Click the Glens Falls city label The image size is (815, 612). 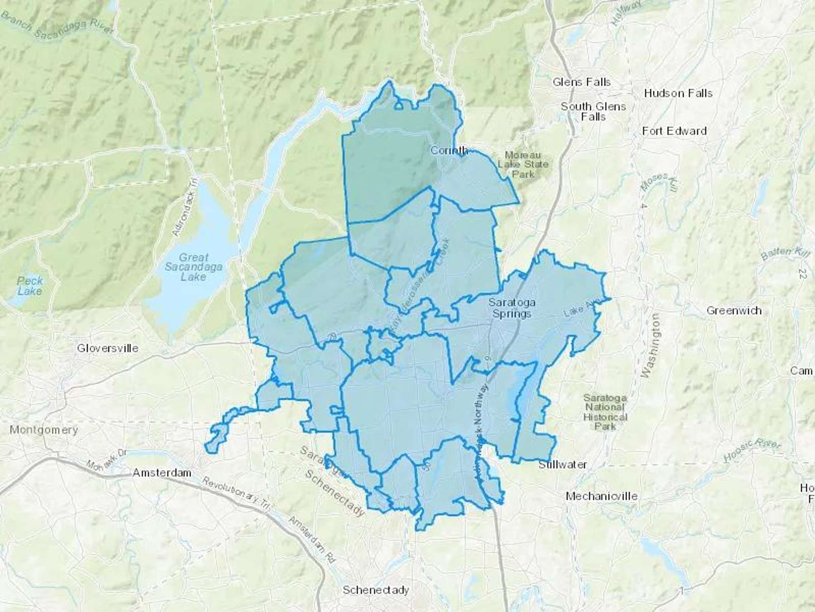581,83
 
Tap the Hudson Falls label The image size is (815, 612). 678,93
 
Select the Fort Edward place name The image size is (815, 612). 674,131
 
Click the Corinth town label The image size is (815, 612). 449,150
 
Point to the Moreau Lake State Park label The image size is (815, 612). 523,164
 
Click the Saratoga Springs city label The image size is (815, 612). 511,308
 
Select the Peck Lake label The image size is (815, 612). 30,286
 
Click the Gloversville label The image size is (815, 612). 107,348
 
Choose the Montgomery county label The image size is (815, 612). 44,429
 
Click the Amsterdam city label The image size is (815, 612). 162,473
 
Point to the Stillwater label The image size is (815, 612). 562,465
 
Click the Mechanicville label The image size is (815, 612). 601,496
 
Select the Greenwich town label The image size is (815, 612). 733,311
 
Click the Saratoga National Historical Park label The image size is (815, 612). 605,412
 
